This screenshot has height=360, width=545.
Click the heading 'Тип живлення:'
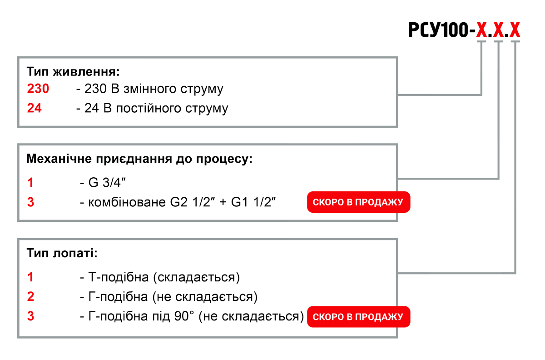pyautogui.click(x=73, y=72)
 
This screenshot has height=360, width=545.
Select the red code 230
pyautogui.click(x=38, y=89)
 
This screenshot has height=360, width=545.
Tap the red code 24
pyautogui.click(x=35, y=109)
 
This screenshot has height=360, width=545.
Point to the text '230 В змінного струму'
pyautogui.click(x=154, y=89)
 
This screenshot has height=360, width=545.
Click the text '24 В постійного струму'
pyautogui.click(x=156, y=109)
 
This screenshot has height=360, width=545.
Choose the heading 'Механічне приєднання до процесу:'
pyautogui.click(x=139, y=159)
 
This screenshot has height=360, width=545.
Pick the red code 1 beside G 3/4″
pyautogui.click(x=30, y=183)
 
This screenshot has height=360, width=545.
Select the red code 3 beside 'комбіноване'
pyautogui.click(x=30, y=202)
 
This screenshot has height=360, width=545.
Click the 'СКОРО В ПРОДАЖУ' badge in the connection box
pyautogui.click(x=358, y=202)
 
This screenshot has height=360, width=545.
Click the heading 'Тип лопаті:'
pyautogui.click(x=62, y=253)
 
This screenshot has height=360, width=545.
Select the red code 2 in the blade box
pyautogui.click(x=30, y=297)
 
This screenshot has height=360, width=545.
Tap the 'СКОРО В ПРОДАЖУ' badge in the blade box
pyautogui.click(x=358, y=317)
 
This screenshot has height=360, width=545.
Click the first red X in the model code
pyautogui.click(x=481, y=30)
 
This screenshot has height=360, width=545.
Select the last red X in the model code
pyautogui.click(x=515, y=30)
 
